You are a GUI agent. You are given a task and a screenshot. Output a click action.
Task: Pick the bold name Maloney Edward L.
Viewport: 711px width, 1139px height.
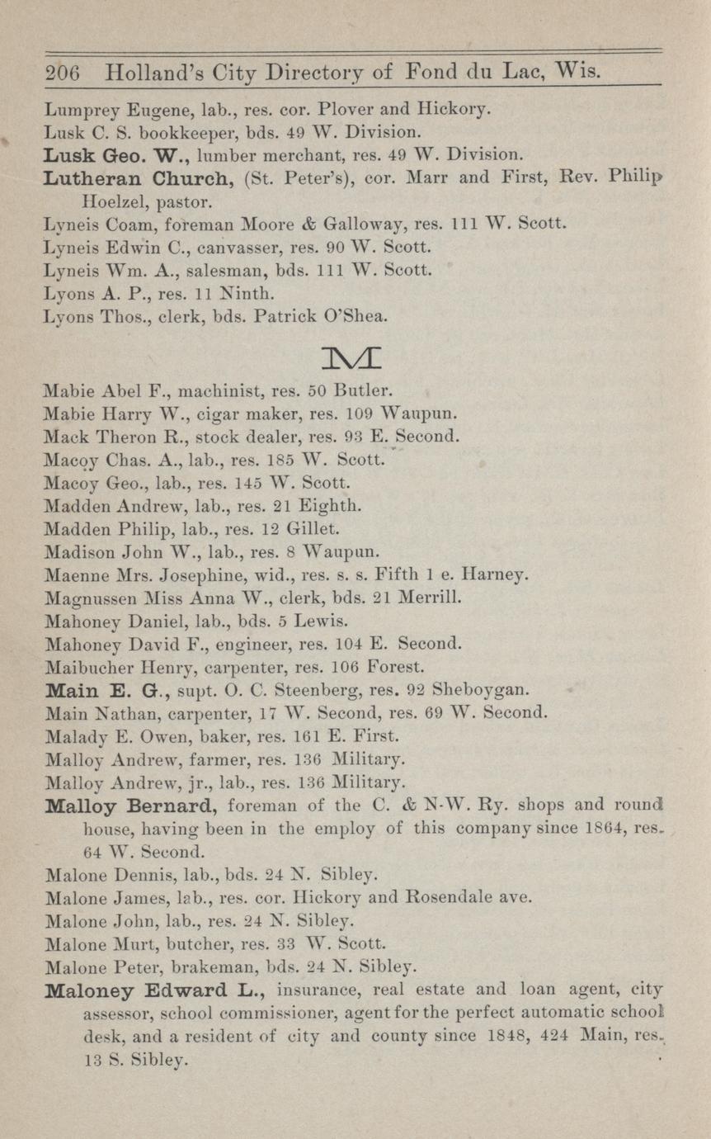coord(154,989)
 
